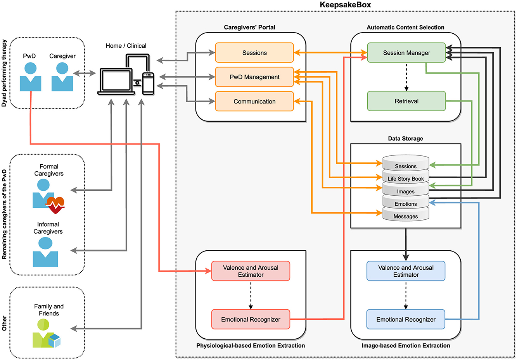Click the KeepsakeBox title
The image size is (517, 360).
pos(345,5)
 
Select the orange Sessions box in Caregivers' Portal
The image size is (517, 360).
pos(254,53)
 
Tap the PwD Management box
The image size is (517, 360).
pos(254,77)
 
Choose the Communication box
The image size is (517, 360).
pos(254,102)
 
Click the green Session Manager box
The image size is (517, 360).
pos(406,53)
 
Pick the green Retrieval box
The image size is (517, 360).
pos(406,101)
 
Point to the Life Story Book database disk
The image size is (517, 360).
pos(406,178)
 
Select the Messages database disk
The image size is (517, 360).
pos(406,216)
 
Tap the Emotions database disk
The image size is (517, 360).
pos(406,203)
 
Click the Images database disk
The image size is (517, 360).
pos(406,191)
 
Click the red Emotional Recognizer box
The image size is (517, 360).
pos(251,319)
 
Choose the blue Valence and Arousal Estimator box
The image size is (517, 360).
pos(406,271)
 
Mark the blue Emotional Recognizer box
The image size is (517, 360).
pos(406,319)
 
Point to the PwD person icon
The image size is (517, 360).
pos(30,78)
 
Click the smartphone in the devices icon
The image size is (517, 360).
pos(148,83)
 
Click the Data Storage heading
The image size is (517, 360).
pos(405,138)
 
